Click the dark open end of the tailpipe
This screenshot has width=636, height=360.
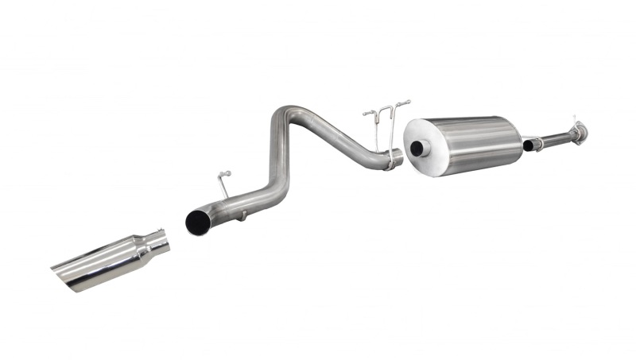point(197,222)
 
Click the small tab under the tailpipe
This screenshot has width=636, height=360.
point(244,215)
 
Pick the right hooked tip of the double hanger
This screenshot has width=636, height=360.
point(407,102)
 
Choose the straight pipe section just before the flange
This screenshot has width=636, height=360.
point(556,138)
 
